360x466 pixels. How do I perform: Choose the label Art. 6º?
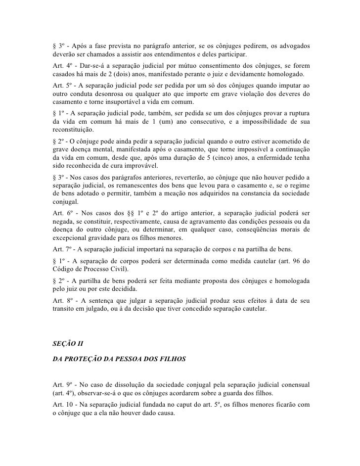pos(61,212)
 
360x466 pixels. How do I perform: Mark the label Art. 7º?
pos(61,248)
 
